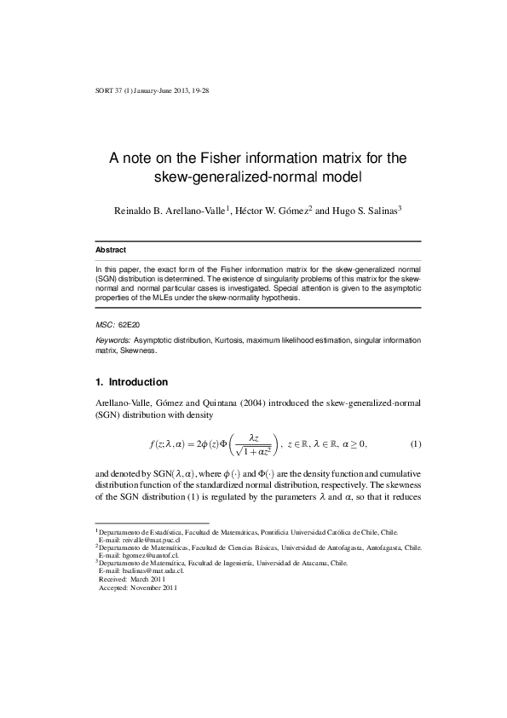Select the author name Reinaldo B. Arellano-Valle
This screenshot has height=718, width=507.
(164, 211)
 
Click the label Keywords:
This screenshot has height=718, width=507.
(112, 340)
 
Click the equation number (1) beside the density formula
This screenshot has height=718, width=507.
(415, 444)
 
